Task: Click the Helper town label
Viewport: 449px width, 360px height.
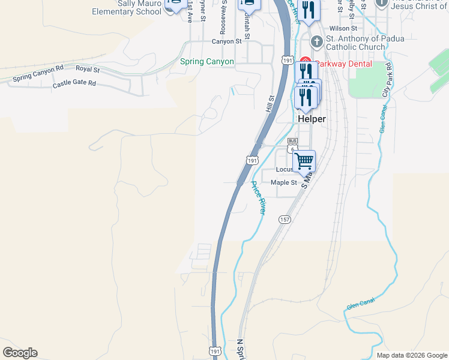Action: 312,119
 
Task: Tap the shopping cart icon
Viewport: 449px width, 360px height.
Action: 304,160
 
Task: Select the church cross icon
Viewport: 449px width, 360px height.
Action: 316,43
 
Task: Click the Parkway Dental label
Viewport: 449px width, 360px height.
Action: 343,64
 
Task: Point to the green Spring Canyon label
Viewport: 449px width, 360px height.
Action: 207,62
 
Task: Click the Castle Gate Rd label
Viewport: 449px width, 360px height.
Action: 74,84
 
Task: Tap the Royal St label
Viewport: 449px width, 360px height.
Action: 88,69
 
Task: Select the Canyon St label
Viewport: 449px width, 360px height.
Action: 226,41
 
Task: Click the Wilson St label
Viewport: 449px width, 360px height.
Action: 342,28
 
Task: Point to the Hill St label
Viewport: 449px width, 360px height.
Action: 271,106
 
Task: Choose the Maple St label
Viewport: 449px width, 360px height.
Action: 283,182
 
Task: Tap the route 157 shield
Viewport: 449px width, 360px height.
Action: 284,220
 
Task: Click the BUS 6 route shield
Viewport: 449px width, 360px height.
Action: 292,145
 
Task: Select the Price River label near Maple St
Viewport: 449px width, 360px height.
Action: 258,197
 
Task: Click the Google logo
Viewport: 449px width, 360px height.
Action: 20,353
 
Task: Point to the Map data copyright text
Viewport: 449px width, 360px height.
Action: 412,355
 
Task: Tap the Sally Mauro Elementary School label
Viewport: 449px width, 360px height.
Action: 131,7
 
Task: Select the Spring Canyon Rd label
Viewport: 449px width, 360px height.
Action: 38,73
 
